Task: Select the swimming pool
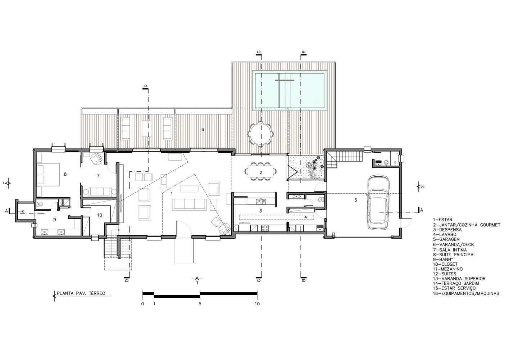point(290,90)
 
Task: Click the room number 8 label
point(65,174)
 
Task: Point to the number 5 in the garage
point(356,200)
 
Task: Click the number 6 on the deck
point(203,129)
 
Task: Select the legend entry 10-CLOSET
point(445,264)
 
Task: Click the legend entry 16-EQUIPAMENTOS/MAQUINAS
point(466,293)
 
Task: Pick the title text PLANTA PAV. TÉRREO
point(81,293)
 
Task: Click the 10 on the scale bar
point(257,304)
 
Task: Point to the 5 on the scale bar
point(200,304)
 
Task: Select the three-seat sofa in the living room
point(189,204)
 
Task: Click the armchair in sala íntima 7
point(96,158)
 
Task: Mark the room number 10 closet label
point(100,215)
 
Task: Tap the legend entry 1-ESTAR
point(443,220)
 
